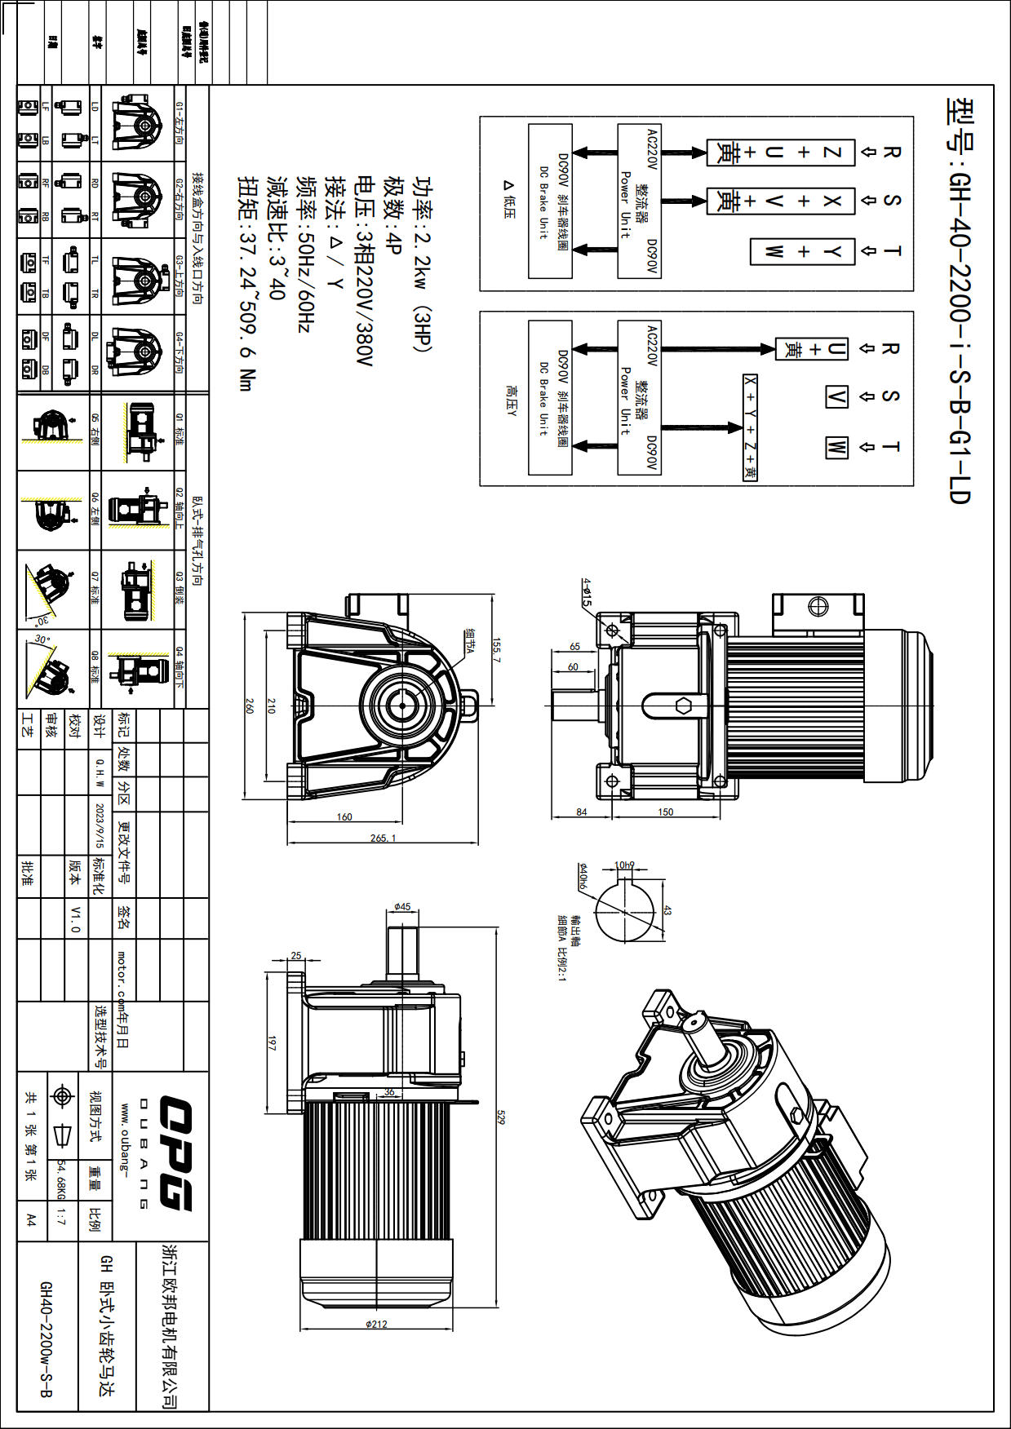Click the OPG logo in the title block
click(x=175, y=1154)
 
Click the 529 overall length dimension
click(x=500, y=1117)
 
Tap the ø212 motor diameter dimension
click(x=376, y=1324)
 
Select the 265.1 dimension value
click(x=383, y=838)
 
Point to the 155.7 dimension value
click(x=496, y=649)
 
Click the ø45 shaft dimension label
click(x=402, y=907)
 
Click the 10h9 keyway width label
click(x=624, y=865)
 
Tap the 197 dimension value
click(x=272, y=1042)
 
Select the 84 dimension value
click(x=582, y=812)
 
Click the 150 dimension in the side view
click(x=666, y=812)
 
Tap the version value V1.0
click(x=75, y=918)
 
